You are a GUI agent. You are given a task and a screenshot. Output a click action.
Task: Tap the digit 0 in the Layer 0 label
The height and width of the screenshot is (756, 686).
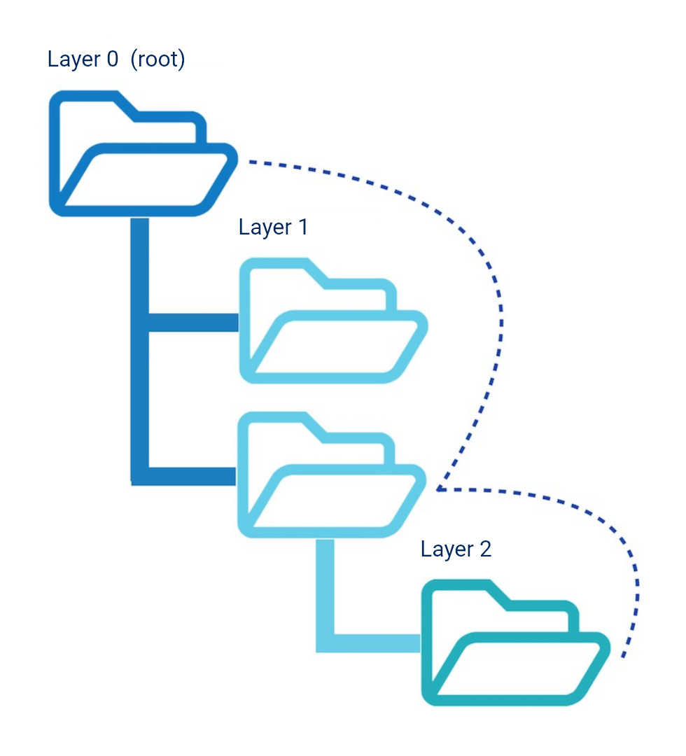[x=111, y=59]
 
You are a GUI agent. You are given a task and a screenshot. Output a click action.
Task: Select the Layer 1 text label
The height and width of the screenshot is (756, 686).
[x=273, y=227]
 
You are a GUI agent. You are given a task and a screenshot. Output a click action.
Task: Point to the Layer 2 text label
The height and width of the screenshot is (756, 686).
[x=456, y=549]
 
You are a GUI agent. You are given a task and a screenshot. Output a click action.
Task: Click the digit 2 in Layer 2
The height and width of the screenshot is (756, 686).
[x=485, y=549]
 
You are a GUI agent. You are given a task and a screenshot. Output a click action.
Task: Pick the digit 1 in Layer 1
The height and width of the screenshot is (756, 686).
[x=302, y=227]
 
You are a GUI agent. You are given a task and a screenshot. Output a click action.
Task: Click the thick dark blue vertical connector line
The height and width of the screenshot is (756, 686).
[x=140, y=350]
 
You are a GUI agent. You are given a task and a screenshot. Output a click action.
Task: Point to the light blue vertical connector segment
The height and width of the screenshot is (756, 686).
[x=324, y=588]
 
